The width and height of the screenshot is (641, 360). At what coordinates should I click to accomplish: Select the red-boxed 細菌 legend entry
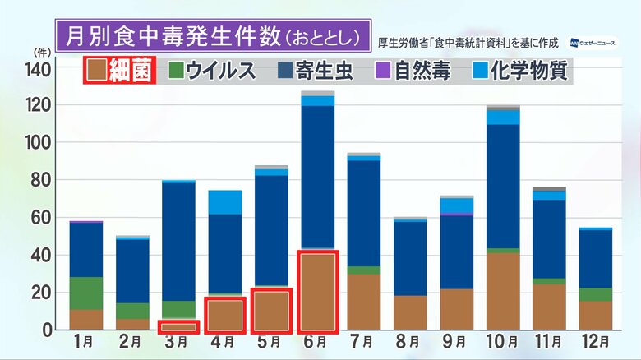[x=120, y=71]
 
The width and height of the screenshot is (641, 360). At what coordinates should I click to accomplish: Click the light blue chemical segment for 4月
[x=225, y=202]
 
